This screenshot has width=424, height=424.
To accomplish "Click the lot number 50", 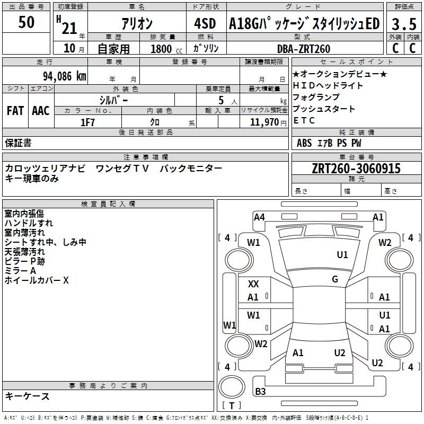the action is (26, 23).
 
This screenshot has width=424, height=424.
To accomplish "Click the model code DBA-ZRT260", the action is (303, 49).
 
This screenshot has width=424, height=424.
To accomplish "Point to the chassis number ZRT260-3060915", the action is (356, 169).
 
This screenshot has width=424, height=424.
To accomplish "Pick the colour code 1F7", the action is (87, 122).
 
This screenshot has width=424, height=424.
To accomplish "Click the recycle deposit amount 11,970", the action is (263, 122).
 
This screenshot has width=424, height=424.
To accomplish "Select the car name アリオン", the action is (137, 24).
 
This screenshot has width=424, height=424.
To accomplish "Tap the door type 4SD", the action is (205, 24).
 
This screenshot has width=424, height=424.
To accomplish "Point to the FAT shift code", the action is (15, 110).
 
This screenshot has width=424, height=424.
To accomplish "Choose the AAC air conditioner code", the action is (41, 110).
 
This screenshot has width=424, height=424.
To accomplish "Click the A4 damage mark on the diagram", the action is (259, 217).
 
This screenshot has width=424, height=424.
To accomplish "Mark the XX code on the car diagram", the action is (253, 284).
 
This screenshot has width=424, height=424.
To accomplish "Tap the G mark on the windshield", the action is (335, 279).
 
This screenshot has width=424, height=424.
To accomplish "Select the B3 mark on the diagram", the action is (260, 392).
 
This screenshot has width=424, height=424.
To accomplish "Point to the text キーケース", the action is (28, 396).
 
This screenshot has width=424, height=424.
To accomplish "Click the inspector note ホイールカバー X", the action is (37, 280).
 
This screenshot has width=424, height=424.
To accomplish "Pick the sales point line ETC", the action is (304, 120).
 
